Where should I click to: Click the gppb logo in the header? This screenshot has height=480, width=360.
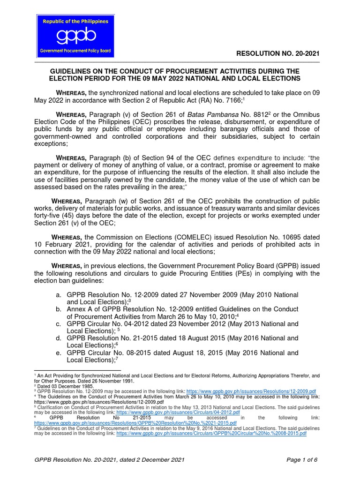[x=75, y=36]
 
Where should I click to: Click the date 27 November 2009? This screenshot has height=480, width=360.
[x=204, y=295]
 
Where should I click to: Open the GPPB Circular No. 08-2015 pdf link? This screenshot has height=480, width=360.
[x=211, y=434]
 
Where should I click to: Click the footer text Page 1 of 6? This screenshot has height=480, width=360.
[x=302, y=460]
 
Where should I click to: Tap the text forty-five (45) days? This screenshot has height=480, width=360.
[x=64, y=216]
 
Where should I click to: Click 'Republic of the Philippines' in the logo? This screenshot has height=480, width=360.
[x=75, y=21]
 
